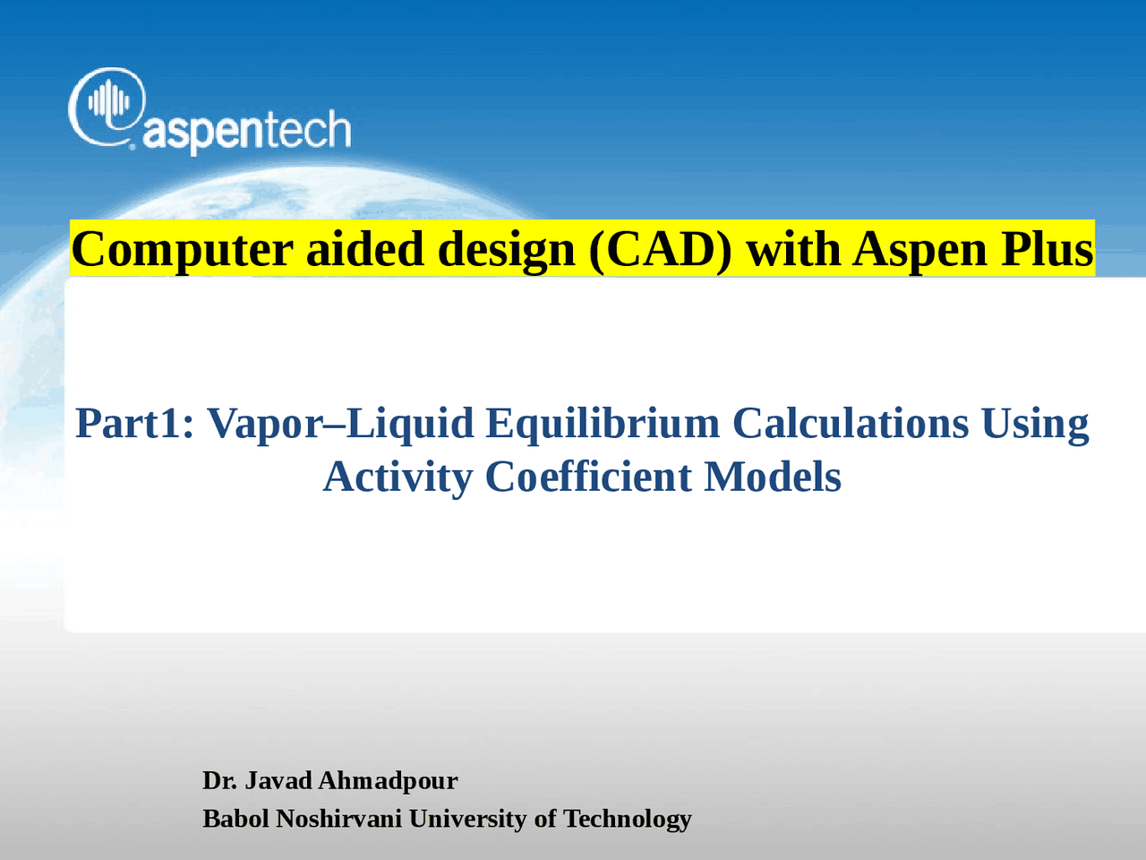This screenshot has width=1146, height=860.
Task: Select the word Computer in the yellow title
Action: tap(182, 249)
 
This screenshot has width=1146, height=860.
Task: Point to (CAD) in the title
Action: tap(660, 249)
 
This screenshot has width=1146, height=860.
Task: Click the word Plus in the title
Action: tap(1047, 249)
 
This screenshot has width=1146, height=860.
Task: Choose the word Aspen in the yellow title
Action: tap(919, 249)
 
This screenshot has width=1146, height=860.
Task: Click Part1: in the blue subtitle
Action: tap(134, 423)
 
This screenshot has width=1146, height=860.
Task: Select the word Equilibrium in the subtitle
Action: tap(602, 423)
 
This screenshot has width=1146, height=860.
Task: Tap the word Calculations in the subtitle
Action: tap(850, 423)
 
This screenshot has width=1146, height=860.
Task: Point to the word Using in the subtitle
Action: tap(1035, 423)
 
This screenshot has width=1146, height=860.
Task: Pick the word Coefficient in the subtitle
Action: tap(587, 477)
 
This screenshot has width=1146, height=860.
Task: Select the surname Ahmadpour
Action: tap(388, 780)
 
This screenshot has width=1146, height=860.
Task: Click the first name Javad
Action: tap(278, 780)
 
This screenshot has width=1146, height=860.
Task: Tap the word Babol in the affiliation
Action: tap(235, 818)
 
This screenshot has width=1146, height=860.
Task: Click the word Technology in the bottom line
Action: tap(627, 818)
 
